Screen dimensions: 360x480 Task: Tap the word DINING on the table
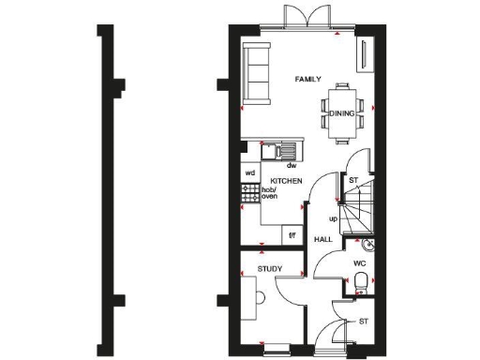(x=341, y=113)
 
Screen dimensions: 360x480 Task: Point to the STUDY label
(x=270, y=269)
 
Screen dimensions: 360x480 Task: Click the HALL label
(x=323, y=240)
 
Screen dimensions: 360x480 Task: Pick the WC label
(x=358, y=263)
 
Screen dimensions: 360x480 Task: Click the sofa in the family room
(x=254, y=72)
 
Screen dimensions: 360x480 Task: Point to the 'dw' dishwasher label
(x=292, y=165)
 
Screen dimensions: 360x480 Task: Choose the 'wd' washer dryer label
(x=249, y=173)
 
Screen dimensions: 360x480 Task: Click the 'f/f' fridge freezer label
(x=292, y=234)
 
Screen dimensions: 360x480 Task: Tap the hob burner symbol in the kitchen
(x=250, y=193)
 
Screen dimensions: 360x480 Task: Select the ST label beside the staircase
(x=353, y=180)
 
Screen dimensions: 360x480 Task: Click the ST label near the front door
(x=363, y=322)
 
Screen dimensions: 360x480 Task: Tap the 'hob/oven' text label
(x=270, y=193)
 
